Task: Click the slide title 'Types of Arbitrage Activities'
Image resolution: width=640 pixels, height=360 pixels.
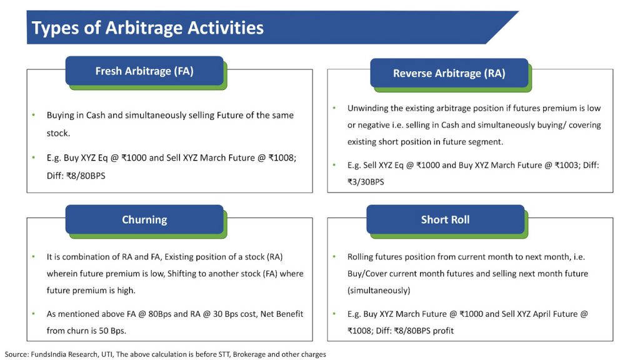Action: coord(147,27)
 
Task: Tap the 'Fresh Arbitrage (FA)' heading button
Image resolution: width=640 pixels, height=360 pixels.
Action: coord(144,71)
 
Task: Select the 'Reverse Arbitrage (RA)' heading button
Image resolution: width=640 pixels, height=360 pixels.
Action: coord(449,73)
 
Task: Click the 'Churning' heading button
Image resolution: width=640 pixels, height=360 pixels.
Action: coord(144,219)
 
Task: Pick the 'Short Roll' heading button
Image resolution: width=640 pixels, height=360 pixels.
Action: coord(445,219)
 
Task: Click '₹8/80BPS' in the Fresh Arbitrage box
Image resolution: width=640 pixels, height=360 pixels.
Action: coord(86,176)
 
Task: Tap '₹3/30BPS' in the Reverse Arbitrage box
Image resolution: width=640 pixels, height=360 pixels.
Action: coord(366,182)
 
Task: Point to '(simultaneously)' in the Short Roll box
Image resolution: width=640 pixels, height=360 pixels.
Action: coord(379,291)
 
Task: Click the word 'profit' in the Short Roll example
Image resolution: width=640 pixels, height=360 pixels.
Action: coord(443,331)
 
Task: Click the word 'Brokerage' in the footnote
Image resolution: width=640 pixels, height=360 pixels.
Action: coord(249,354)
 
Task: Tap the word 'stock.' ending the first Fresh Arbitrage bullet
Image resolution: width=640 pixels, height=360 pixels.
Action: coord(58,133)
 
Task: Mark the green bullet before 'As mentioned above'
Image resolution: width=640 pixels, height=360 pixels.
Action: coord(34,314)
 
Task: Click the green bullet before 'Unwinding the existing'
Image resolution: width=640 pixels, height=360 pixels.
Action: coord(334,107)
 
